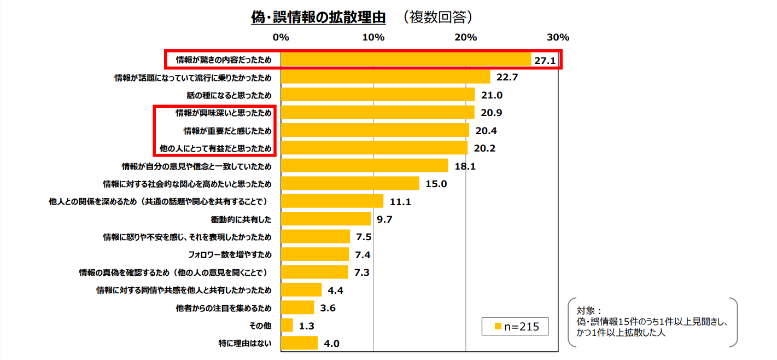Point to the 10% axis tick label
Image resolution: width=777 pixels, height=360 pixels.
tap(373, 38)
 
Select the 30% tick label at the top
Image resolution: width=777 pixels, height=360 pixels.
tap(558, 38)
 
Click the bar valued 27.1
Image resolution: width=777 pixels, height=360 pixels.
tap(406, 59)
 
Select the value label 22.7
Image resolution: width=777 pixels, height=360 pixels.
tap(507, 77)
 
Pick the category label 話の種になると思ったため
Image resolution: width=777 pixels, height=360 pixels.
tap(229, 95)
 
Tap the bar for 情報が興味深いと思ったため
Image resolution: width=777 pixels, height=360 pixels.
tap(377, 113)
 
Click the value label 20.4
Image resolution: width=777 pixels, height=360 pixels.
tap(486, 131)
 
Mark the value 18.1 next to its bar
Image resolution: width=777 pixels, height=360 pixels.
tap(465, 166)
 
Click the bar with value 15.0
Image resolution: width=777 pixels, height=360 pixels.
tap(350, 183)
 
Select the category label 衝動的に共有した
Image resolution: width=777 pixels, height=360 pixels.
tap(241, 219)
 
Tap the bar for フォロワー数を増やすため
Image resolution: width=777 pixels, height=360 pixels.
tap(314, 254)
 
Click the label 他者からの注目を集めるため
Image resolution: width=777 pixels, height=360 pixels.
tap(224, 308)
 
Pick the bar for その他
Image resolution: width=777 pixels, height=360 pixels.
tap(287, 326)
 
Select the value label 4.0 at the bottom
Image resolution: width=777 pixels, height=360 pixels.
tap(332, 344)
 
